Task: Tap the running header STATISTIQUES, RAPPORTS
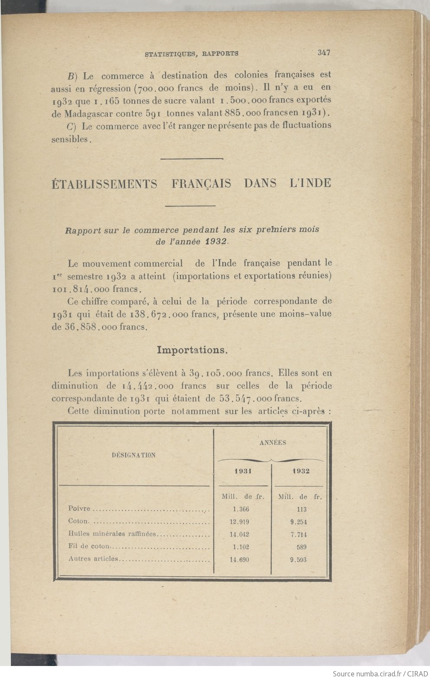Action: (x=191, y=54)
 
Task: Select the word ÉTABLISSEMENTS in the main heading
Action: (x=104, y=183)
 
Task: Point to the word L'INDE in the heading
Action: (x=309, y=183)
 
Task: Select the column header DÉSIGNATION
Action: (x=134, y=455)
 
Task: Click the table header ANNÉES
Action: (x=273, y=443)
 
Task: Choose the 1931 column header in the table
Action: (x=243, y=471)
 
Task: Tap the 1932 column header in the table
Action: (x=300, y=471)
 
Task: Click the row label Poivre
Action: (x=79, y=509)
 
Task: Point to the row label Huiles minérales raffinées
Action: (x=112, y=534)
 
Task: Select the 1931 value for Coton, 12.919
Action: (x=239, y=522)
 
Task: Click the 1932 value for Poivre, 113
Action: (x=302, y=509)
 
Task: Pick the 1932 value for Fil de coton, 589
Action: (x=301, y=547)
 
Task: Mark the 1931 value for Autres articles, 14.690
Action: (x=239, y=560)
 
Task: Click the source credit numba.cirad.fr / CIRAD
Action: (x=380, y=673)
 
